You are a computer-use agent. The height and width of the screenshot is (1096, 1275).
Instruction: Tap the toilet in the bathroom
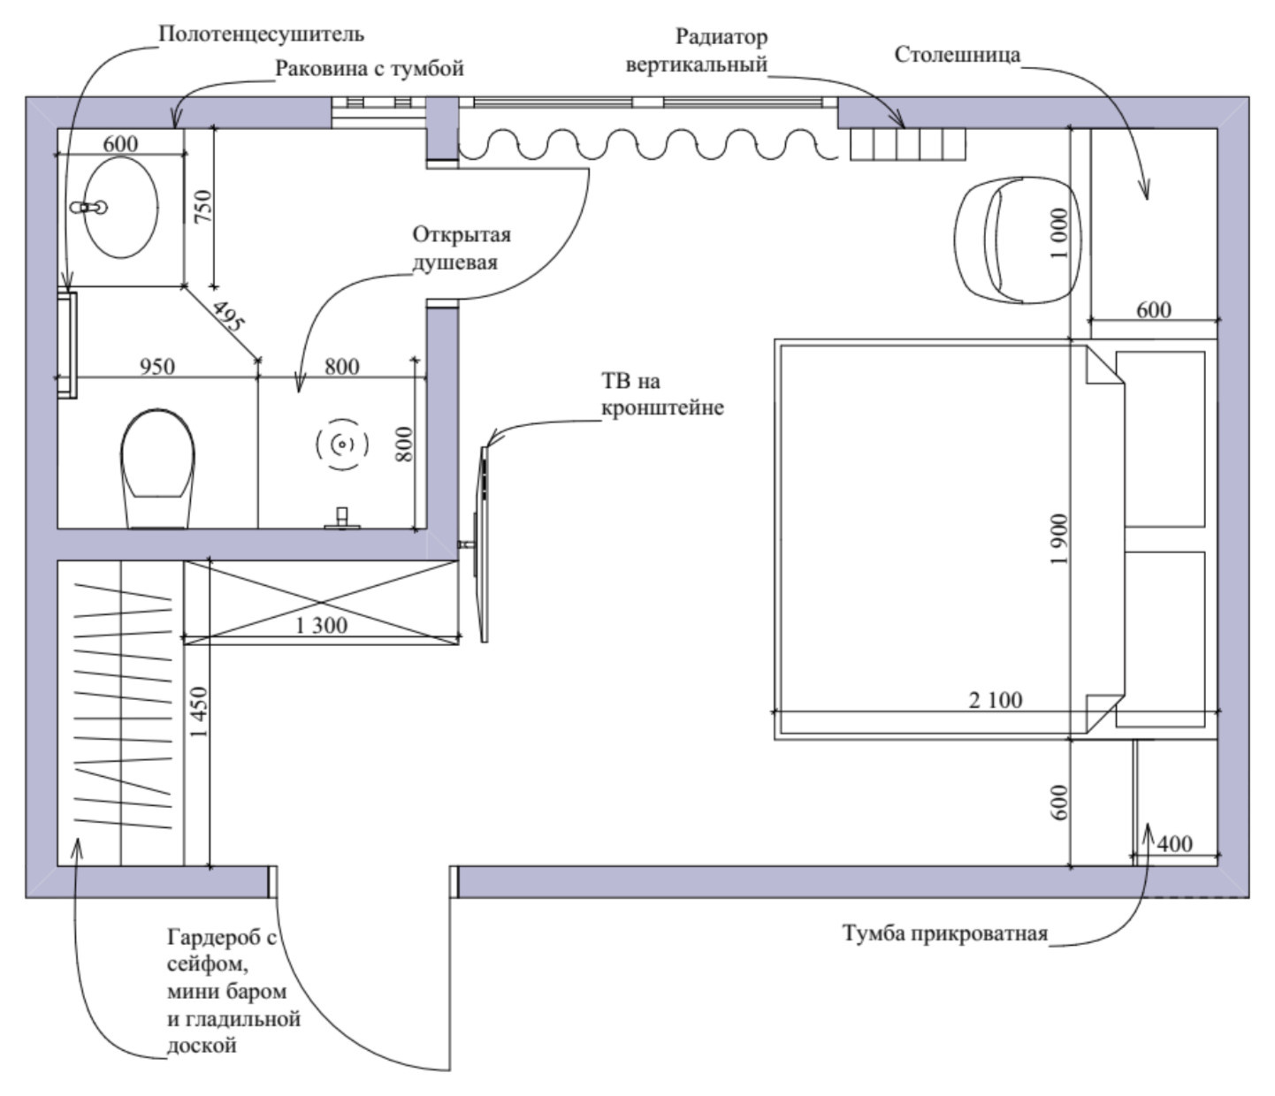[x=157, y=468]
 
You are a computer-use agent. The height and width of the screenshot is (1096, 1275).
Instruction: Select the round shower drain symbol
[x=341, y=444]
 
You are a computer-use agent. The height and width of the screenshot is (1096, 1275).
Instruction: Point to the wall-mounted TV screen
[x=485, y=544]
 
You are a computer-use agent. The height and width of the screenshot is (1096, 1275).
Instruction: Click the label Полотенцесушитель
[x=261, y=34]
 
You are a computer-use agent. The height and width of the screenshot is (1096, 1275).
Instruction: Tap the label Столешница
[x=958, y=55]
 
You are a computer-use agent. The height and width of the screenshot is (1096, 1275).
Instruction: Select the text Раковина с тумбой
[x=369, y=68]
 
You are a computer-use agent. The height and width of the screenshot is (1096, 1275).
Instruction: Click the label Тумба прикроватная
[x=945, y=932]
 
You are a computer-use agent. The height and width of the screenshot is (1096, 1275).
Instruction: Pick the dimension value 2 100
[x=996, y=700]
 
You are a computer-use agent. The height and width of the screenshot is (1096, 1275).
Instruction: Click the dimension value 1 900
[x=1058, y=538]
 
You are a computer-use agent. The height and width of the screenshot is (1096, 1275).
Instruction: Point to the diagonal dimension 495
[x=227, y=316]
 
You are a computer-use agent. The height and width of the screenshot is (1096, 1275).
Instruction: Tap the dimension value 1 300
[x=321, y=626]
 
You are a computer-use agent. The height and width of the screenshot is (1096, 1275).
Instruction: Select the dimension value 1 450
[x=199, y=712]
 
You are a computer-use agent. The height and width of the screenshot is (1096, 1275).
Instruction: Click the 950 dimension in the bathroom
[x=157, y=366]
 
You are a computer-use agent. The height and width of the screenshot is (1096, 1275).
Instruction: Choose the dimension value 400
[x=1174, y=843]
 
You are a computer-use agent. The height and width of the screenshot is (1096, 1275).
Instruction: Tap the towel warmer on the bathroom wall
[x=67, y=346]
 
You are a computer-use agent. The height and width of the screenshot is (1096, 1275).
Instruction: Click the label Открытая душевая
[x=462, y=248]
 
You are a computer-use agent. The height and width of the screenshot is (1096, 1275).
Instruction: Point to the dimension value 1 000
[x=1058, y=233]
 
